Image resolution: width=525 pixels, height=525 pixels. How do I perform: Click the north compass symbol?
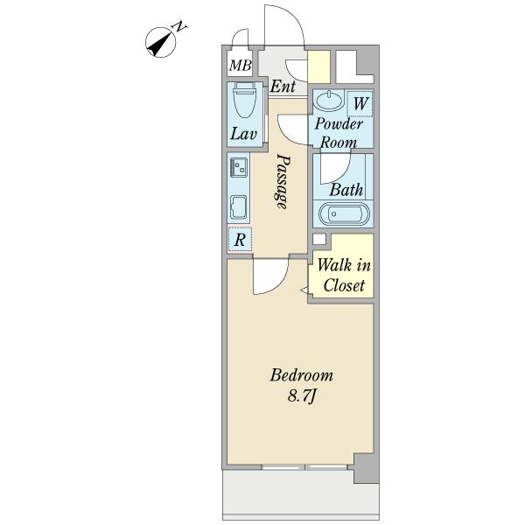161,43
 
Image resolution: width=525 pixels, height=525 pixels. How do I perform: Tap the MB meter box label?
240,66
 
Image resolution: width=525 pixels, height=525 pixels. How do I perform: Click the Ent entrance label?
283,87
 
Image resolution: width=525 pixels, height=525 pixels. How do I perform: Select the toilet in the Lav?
243,100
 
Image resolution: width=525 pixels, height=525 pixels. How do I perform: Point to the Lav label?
243,134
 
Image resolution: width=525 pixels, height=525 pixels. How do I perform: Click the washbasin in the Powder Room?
330,101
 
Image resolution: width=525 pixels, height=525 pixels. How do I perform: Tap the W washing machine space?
360,104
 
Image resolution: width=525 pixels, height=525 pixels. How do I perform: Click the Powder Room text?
339,133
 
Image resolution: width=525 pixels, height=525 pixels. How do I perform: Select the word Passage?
281,181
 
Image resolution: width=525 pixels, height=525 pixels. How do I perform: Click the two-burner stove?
239,167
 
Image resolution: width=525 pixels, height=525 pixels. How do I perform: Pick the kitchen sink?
239,207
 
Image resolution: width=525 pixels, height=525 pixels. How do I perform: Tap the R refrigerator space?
240,239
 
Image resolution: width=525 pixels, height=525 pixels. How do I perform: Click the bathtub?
344,214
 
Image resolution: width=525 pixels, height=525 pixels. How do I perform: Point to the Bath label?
346,190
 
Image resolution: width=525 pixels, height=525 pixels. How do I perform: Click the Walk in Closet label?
344,276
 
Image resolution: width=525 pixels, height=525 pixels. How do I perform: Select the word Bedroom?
302,375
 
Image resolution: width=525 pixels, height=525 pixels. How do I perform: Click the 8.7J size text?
302,396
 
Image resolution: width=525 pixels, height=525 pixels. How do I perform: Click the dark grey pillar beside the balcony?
367,469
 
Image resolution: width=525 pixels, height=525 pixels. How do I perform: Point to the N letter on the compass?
180,26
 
